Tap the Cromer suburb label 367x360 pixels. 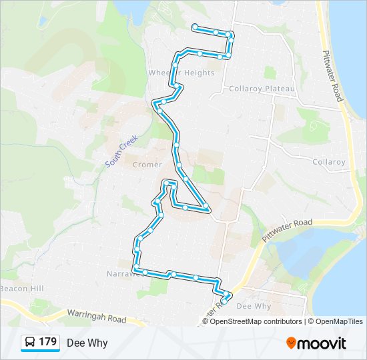[x=147, y=165]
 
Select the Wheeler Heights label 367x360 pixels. [x=181, y=73]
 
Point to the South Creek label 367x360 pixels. [x=121, y=151]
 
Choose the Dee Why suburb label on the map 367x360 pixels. [x=254, y=306]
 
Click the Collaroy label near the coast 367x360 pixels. [x=329, y=162]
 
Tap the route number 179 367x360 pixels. [x=47, y=343]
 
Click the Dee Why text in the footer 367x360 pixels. [x=87, y=343]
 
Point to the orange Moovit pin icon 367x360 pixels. [x=292, y=343]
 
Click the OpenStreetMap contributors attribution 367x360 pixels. [x=256, y=321]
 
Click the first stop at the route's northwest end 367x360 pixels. [x=194, y=27]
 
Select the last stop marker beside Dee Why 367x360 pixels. [x=224, y=301]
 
